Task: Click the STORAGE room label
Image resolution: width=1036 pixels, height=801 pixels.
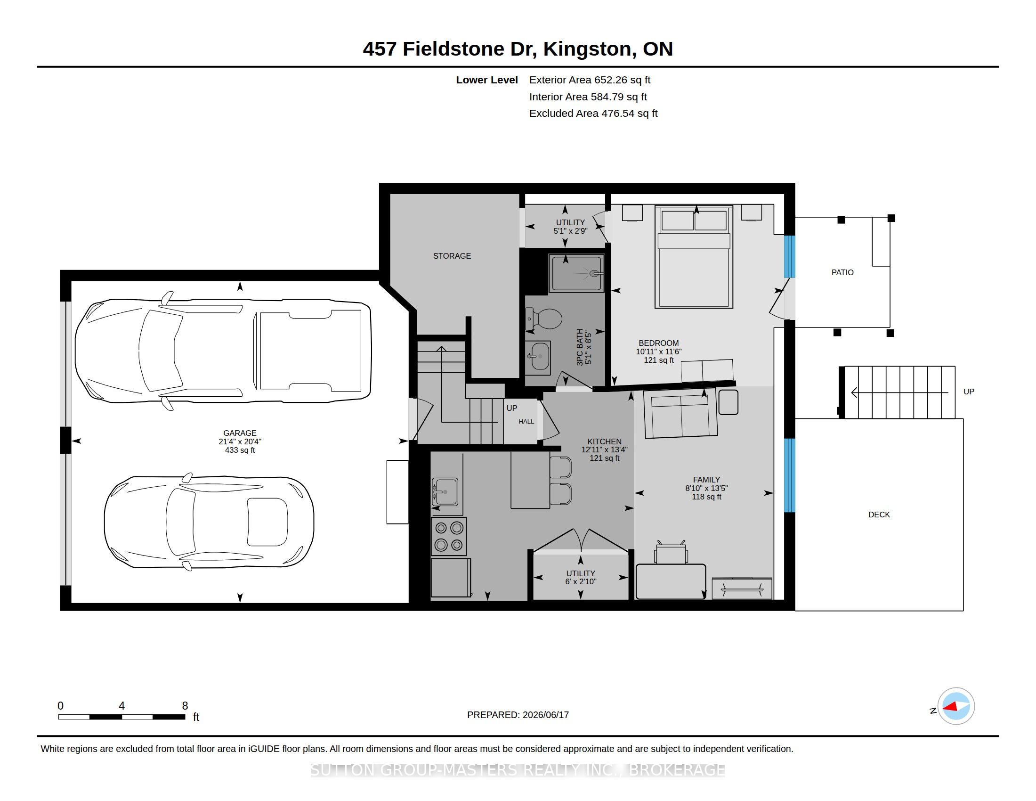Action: pyautogui.click(x=452, y=256)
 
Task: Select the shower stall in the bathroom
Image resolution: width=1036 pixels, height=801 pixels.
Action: pyautogui.click(x=576, y=273)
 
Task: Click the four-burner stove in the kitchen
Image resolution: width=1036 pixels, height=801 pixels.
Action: pyautogui.click(x=449, y=536)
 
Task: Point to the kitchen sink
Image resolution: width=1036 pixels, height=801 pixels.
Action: pyautogui.click(x=445, y=491)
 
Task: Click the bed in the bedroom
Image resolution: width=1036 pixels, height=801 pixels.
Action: pyautogui.click(x=694, y=257)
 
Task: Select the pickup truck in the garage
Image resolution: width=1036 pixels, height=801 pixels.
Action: pyautogui.click(x=223, y=351)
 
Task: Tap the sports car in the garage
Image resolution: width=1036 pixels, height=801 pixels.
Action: pyautogui.click(x=209, y=522)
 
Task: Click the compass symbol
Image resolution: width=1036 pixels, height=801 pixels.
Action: pyautogui.click(x=956, y=706)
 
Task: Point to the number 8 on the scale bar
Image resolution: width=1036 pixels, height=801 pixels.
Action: pyautogui.click(x=185, y=706)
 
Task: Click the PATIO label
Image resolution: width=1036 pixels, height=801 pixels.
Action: pyautogui.click(x=842, y=272)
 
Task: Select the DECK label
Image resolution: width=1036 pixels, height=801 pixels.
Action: pyautogui.click(x=879, y=515)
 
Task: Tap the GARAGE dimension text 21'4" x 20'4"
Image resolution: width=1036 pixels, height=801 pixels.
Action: pyautogui.click(x=240, y=441)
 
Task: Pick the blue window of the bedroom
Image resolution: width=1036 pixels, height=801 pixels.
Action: pyautogui.click(x=789, y=256)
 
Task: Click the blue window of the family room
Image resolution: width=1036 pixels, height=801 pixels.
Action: pyautogui.click(x=789, y=475)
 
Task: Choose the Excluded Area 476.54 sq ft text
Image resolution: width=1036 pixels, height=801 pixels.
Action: pyautogui.click(x=593, y=114)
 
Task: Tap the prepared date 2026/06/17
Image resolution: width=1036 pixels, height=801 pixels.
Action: pyautogui.click(x=545, y=715)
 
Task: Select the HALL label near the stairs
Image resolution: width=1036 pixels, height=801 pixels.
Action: pyautogui.click(x=526, y=421)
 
